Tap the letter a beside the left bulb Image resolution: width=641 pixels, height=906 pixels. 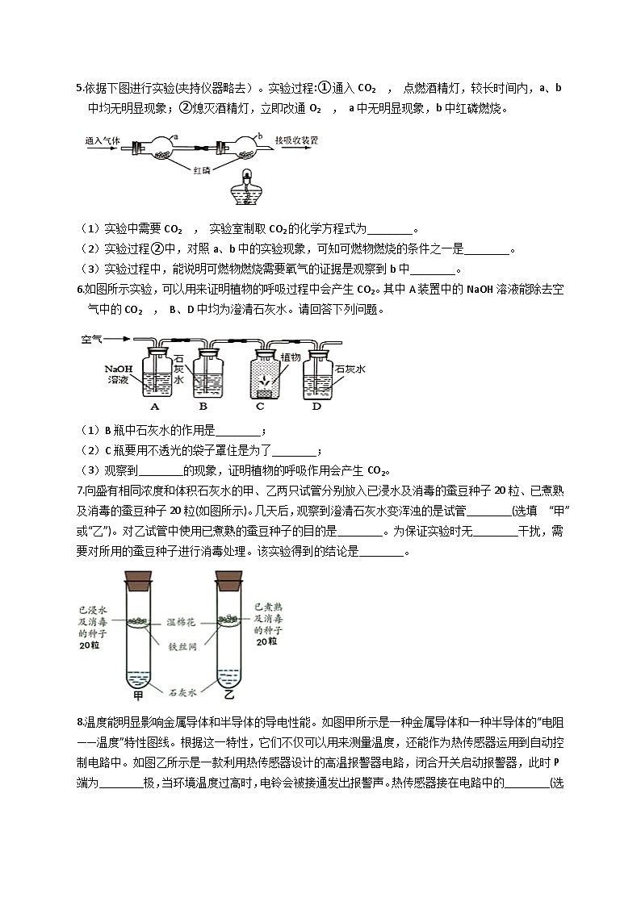pyautogui.click(x=175, y=137)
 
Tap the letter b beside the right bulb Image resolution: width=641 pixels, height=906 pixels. pyautogui.click(x=259, y=136)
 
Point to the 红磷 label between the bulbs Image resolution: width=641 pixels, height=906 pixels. pyautogui.click(x=203, y=170)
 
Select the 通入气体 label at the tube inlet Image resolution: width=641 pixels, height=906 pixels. pyautogui.click(x=103, y=140)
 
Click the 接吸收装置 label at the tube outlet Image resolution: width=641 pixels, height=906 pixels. pyautogui.click(x=296, y=140)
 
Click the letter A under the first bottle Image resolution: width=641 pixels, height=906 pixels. pyautogui.click(x=154, y=406)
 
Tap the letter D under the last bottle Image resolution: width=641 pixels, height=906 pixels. pyautogui.click(x=316, y=406)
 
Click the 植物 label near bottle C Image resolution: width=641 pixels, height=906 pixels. pyautogui.click(x=291, y=356)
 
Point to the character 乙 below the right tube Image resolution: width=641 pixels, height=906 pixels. pyautogui.click(x=228, y=693)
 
